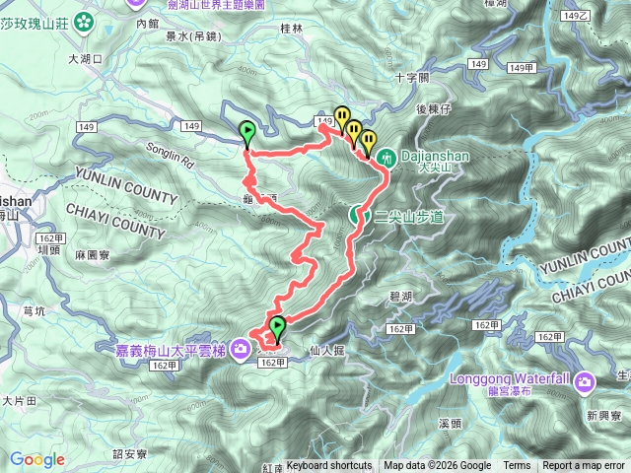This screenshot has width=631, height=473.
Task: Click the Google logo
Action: pyautogui.click(x=37, y=459)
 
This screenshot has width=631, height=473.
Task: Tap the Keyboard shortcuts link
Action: pyautogui.click(x=329, y=466)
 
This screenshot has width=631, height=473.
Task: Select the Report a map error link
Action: pyautogui.click(x=585, y=466)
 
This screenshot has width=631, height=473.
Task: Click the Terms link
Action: pyautogui.click(x=517, y=466)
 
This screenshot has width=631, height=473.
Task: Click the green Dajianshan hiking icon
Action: pyautogui.click(x=387, y=157)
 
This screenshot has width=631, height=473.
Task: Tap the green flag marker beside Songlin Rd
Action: pyautogui.click(x=246, y=131)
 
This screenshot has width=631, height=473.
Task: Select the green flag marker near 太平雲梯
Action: pyautogui.click(x=277, y=326)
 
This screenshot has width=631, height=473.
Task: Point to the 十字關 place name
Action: pyautogui.click(x=411, y=77)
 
